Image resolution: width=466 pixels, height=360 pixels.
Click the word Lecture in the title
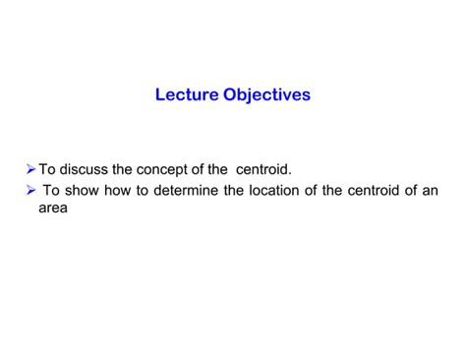(x=187, y=96)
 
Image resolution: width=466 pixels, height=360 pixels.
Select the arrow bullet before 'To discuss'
(x=29, y=170)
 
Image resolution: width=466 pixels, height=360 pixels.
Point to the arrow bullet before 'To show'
(x=29, y=190)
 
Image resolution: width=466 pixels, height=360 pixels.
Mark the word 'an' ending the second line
(x=431, y=190)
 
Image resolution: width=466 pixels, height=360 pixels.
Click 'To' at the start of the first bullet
(x=46, y=170)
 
